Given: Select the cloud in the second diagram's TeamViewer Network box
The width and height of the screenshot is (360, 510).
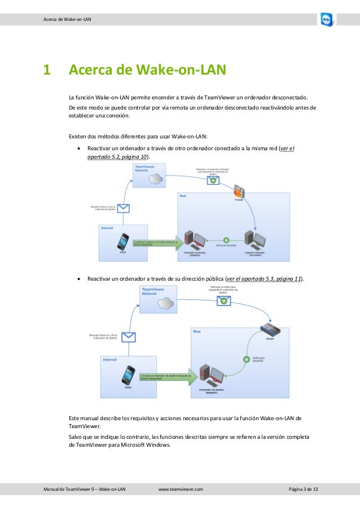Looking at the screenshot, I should click(x=165, y=303).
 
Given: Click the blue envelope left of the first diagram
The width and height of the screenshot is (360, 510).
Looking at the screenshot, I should click(x=123, y=208).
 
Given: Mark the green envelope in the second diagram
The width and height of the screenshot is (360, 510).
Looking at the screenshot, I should click(x=225, y=300).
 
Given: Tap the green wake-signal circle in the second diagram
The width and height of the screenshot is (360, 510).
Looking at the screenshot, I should click(x=246, y=358).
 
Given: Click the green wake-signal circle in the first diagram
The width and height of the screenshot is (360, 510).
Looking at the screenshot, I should click(x=226, y=240).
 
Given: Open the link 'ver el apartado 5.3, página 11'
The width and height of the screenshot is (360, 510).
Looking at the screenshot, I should click(x=264, y=278).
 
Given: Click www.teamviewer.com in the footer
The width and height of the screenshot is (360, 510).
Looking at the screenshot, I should click(x=181, y=489).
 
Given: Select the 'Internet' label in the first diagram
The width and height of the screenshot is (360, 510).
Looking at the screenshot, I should click(x=108, y=228).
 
